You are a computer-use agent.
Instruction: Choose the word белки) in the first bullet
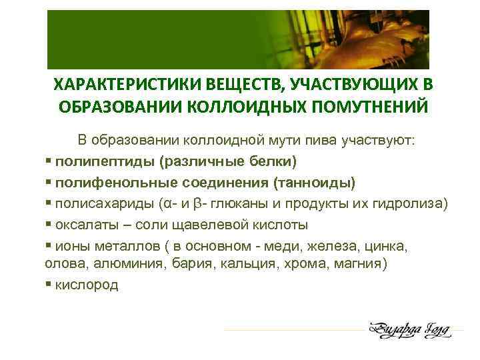(x=272, y=162)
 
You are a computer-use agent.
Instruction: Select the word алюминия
(x=111, y=263)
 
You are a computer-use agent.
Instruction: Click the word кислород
(x=87, y=285)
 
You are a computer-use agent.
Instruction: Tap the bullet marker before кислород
(x=49, y=285)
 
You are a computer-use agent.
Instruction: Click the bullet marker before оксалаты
(x=49, y=224)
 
